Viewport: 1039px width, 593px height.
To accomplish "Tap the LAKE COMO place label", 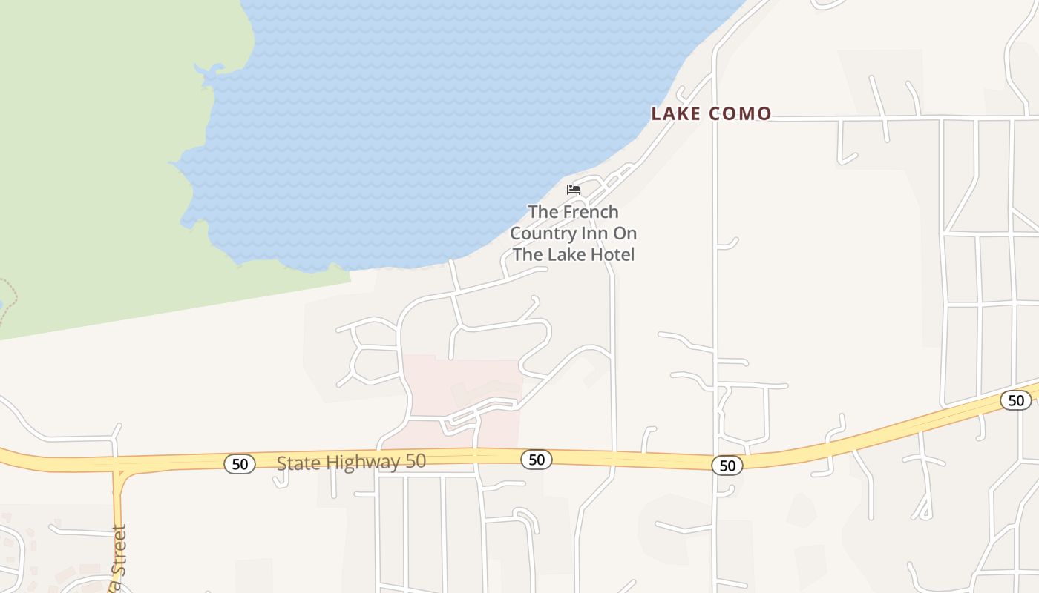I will pos(711,113).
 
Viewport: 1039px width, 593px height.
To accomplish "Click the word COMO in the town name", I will pos(740,113).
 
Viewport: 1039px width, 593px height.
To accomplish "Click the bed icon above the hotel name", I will pos(573,190).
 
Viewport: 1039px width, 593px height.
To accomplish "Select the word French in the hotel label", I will pos(590,212).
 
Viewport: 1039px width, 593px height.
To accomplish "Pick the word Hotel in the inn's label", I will pos(613,255).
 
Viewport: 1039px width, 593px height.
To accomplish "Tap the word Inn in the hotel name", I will pos(594,233).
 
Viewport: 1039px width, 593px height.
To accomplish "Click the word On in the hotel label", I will pos(625,233).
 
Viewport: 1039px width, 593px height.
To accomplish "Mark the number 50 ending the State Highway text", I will pos(415,461).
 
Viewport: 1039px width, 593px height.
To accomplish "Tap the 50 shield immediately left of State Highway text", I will pos(240,464).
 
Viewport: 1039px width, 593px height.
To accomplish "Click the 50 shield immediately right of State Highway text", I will pos(536,460).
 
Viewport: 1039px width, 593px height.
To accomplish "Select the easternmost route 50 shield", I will pos(1015,401).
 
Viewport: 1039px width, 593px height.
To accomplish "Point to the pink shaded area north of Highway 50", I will pos(460,385).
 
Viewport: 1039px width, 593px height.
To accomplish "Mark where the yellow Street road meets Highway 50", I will pos(117,466).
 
